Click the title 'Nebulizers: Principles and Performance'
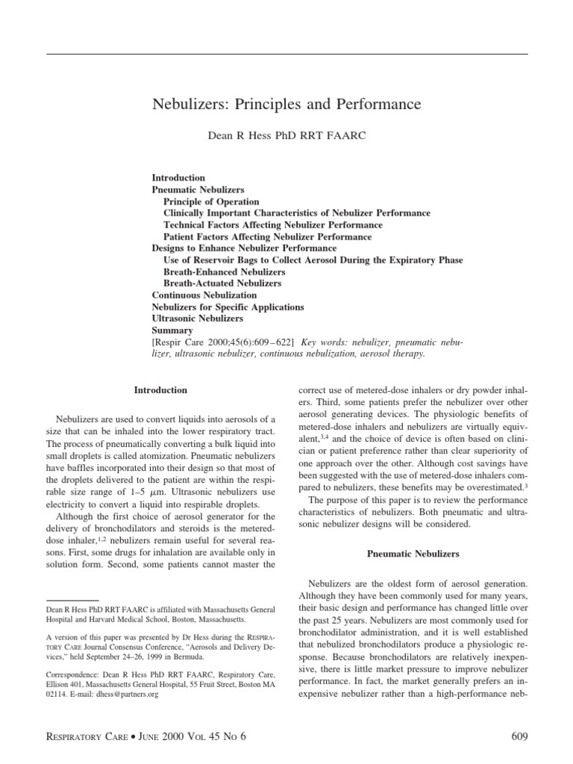(x=286, y=104)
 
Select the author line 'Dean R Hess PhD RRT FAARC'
(x=286, y=137)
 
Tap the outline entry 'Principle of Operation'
(x=211, y=201)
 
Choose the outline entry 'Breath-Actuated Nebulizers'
(x=222, y=284)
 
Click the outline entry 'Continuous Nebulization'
(x=204, y=295)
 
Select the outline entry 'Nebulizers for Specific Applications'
(x=228, y=307)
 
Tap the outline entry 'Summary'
(x=172, y=330)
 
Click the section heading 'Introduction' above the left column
(x=160, y=389)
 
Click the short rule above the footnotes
(x=72, y=599)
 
